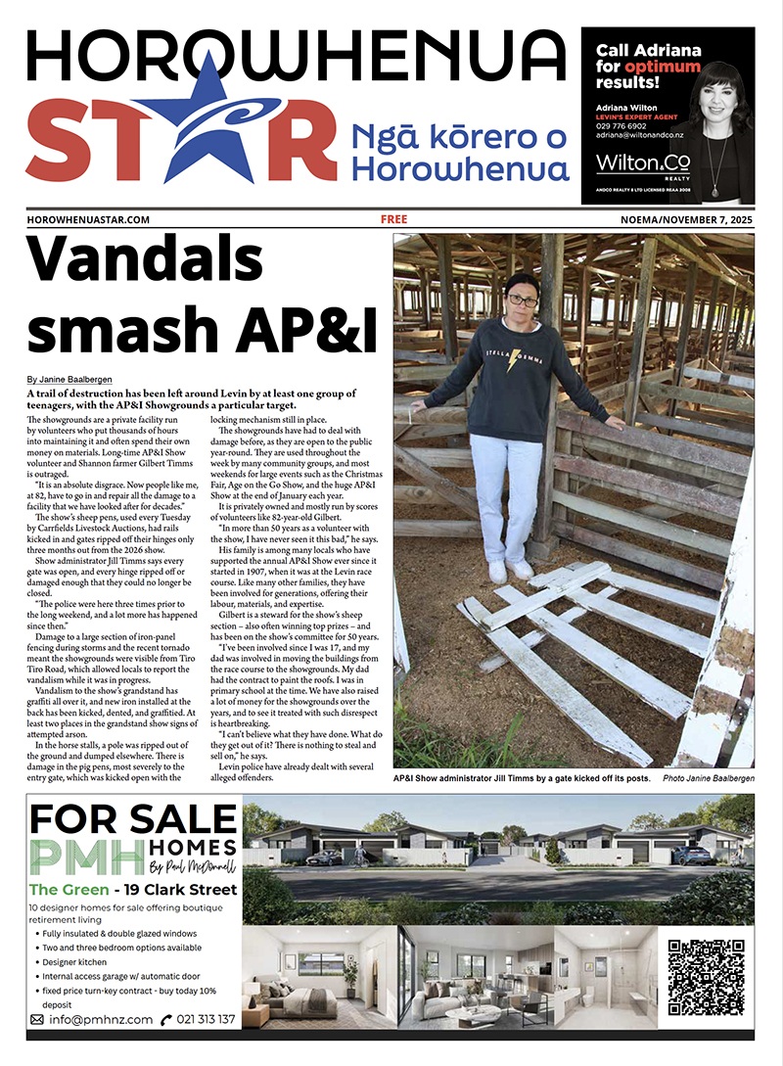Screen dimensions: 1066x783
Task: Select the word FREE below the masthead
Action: click(393, 220)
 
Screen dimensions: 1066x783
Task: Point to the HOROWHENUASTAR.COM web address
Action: click(88, 220)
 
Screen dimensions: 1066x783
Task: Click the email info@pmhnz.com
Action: click(99, 1019)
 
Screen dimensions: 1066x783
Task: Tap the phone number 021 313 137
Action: click(206, 1019)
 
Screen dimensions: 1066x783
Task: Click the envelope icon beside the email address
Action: click(37, 1019)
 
